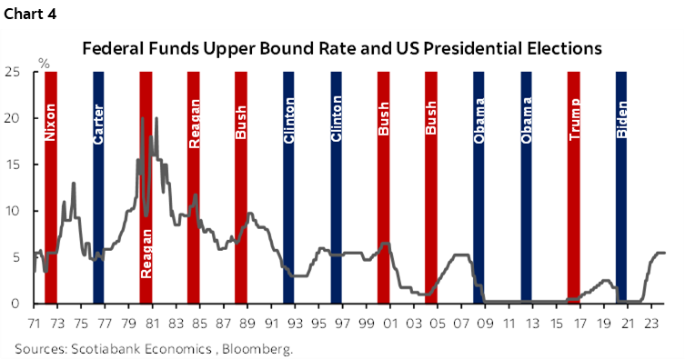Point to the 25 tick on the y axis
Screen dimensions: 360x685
(15, 72)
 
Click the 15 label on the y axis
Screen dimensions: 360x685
(15, 165)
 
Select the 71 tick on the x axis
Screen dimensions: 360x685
(34, 321)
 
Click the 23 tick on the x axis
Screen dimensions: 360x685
(651, 321)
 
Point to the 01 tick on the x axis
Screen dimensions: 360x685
(390, 321)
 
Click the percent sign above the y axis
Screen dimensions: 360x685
(44, 63)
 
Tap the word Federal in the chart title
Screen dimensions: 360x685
(116, 47)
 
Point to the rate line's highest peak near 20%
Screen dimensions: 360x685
(156, 118)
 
